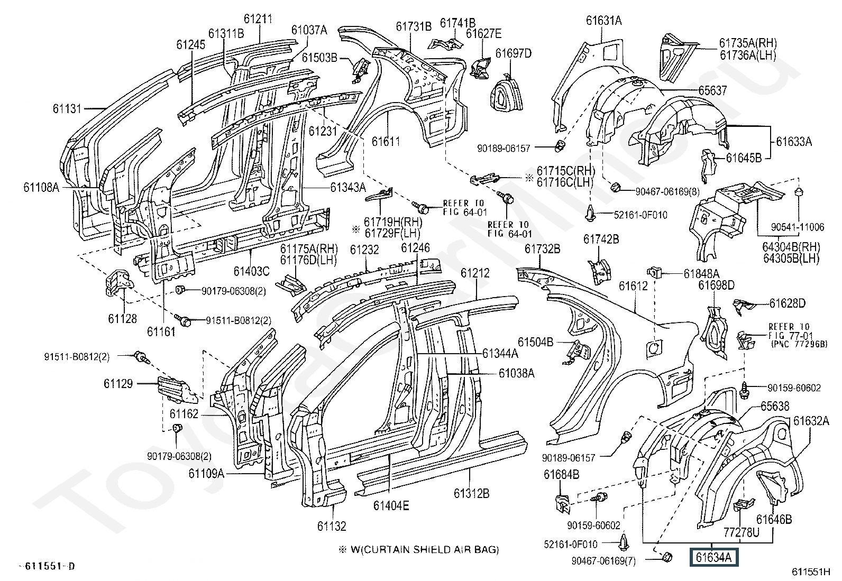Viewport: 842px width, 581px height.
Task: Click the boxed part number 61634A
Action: pos(713,557)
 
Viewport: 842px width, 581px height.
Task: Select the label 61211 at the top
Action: pos(258,20)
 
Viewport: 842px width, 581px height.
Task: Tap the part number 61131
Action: pos(67,109)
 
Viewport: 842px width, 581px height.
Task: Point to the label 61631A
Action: pos(603,21)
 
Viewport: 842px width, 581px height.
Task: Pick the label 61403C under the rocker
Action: pos(251,271)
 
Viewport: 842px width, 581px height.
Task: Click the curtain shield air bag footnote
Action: pos(418,549)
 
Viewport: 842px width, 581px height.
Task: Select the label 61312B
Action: pos(471,494)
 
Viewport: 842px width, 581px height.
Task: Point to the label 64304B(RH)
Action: pos(790,246)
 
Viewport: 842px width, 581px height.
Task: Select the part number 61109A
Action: pos(207,474)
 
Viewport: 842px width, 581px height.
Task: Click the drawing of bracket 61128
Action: pos(119,281)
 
